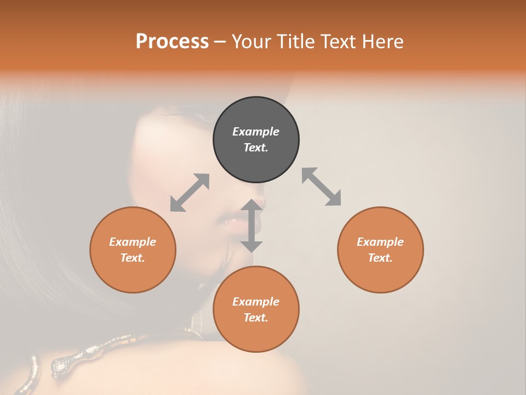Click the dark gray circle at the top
tap(256, 139)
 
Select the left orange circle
tap(133, 250)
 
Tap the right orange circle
tap(380, 250)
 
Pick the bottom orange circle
tap(256, 309)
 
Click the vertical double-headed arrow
tap(251, 225)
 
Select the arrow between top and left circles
tap(190, 193)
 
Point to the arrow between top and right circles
tap(322, 187)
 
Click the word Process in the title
tap(172, 41)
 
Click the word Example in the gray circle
tap(256, 132)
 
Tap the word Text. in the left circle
tap(133, 258)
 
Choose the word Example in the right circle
tap(380, 242)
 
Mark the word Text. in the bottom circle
tap(256, 318)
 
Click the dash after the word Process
tap(220, 42)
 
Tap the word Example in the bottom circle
tap(256, 302)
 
